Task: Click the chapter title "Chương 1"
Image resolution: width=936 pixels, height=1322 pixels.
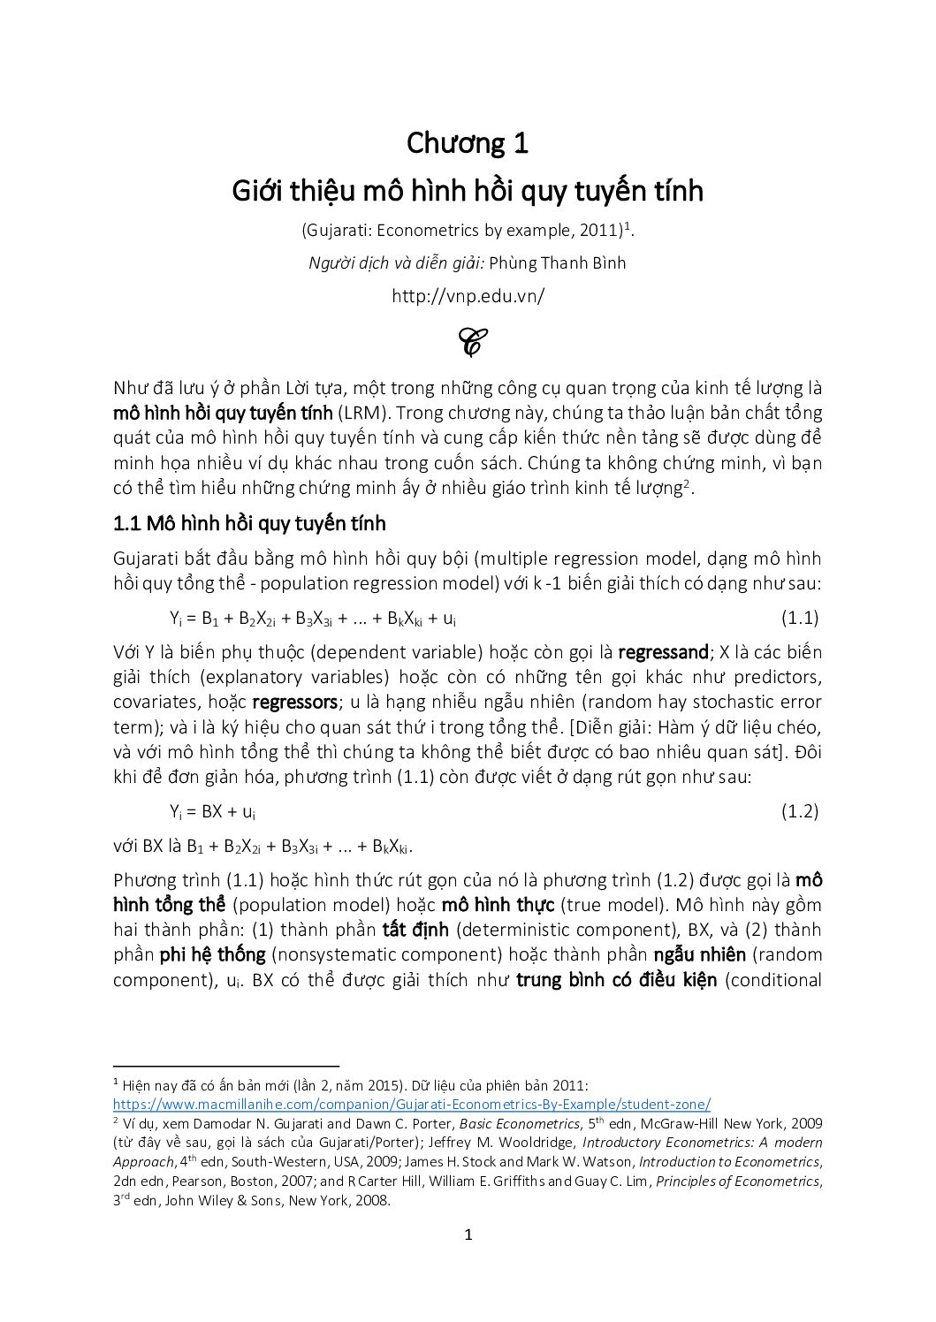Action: click(467, 143)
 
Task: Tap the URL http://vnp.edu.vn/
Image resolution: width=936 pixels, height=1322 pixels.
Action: click(468, 296)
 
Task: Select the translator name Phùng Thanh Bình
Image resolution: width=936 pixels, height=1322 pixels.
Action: click(557, 263)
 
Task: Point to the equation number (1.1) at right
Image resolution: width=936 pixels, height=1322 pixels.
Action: click(800, 618)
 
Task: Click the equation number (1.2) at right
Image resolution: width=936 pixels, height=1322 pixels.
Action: click(800, 811)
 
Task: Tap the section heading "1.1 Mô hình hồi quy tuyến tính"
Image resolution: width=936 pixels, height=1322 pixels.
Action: click(249, 524)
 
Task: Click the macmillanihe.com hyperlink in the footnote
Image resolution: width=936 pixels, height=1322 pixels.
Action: click(412, 1105)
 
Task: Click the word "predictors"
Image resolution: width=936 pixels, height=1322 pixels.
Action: click(780, 678)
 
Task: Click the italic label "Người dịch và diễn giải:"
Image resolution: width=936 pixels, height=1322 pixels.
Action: click(392, 263)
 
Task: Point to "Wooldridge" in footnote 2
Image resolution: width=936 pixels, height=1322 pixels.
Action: click(505, 1143)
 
